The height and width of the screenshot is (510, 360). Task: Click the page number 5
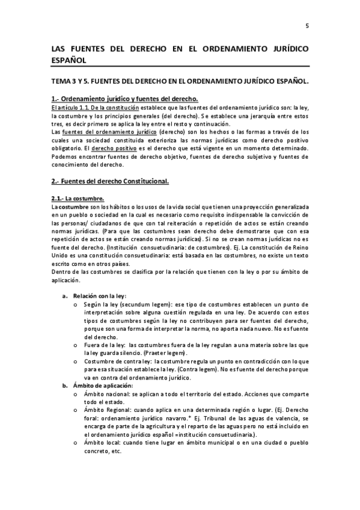coord(307,26)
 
